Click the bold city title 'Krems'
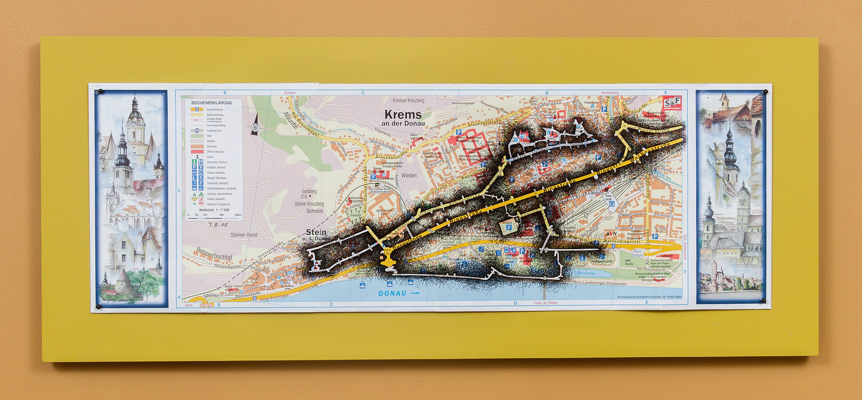coord(403,115)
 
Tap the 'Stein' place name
coord(316,232)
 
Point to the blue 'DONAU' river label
coord(392,293)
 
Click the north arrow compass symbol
coord(255,127)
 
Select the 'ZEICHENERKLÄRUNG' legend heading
coord(211,103)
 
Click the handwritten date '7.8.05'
coord(218,224)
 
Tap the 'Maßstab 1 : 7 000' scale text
coord(214,210)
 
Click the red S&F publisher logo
coord(672,103)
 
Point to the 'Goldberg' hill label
coord(309,191)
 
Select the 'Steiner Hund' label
coord(244,235)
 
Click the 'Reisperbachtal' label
coord(214,256)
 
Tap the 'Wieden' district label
coord(409,176)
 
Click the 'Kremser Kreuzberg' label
coord(408,101)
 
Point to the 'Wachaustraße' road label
coord(650,153)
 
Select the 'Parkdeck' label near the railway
coord(608,198)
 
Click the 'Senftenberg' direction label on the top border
coord(610,93)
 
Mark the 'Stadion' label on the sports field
coord(507,222)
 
